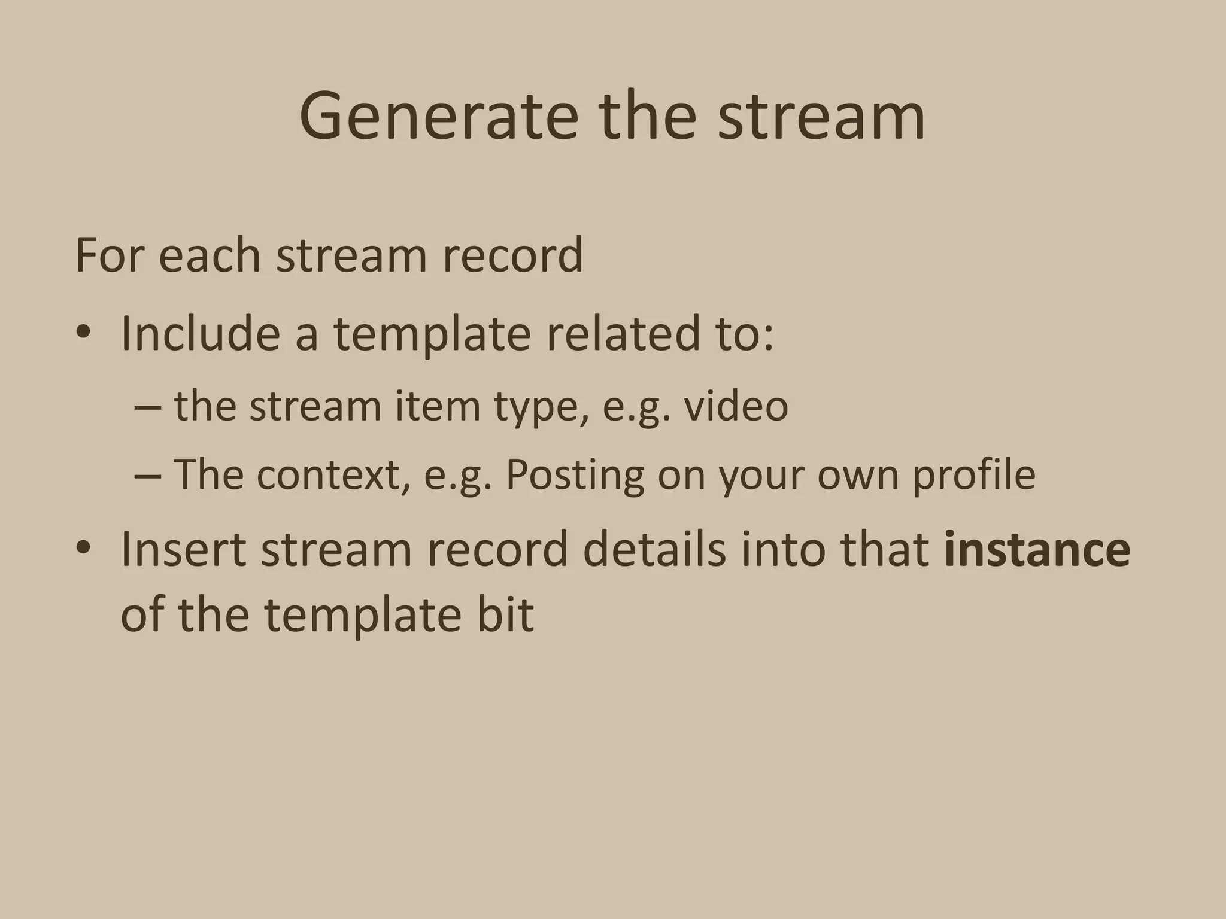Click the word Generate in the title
point(439,116)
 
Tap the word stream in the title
point(821,116)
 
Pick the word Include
point(200,333)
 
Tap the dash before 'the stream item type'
point(147,407)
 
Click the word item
point(437,407)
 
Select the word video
point(736,407)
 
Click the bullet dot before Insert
point(83,547)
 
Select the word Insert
point(183,550)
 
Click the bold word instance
point(1037,550)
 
